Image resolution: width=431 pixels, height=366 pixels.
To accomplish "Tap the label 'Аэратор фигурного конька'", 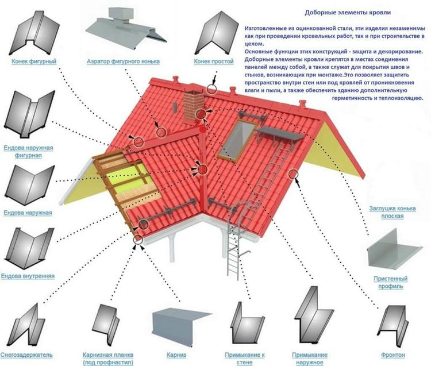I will click(122, 61).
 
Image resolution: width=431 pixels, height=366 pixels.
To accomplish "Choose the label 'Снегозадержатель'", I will click(26, 355).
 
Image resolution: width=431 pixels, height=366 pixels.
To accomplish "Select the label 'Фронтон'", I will click(392, 355).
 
